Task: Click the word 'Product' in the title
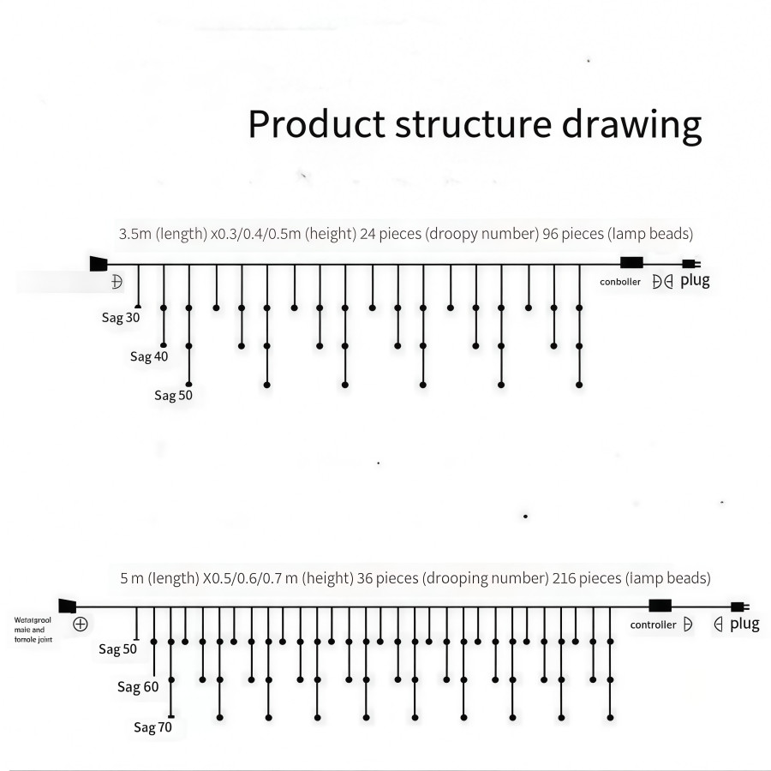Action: point(316,124)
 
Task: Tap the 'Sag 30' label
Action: point(121,317)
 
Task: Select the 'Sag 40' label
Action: point(149,356)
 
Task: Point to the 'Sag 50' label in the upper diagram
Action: point(173,395)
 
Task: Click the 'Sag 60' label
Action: point(138,687)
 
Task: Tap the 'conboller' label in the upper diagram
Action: point(620,282)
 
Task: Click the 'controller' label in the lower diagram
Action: point(653,625)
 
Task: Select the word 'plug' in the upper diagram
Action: point(695,280)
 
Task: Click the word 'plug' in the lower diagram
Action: point(744,624)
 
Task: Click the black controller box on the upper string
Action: point(631,264)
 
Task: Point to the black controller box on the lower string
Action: point(660,607)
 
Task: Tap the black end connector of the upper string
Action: point(98,264)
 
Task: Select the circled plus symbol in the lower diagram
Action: point(81,624)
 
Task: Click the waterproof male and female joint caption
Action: point(35,629)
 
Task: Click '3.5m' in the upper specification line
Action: point(134,234)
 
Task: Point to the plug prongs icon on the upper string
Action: point(690,264)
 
